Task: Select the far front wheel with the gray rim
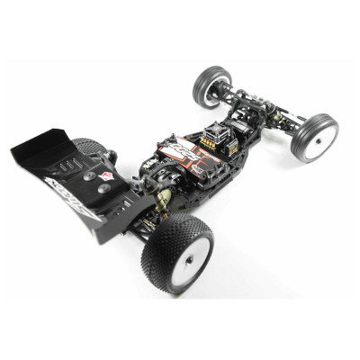pos(213,85)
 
